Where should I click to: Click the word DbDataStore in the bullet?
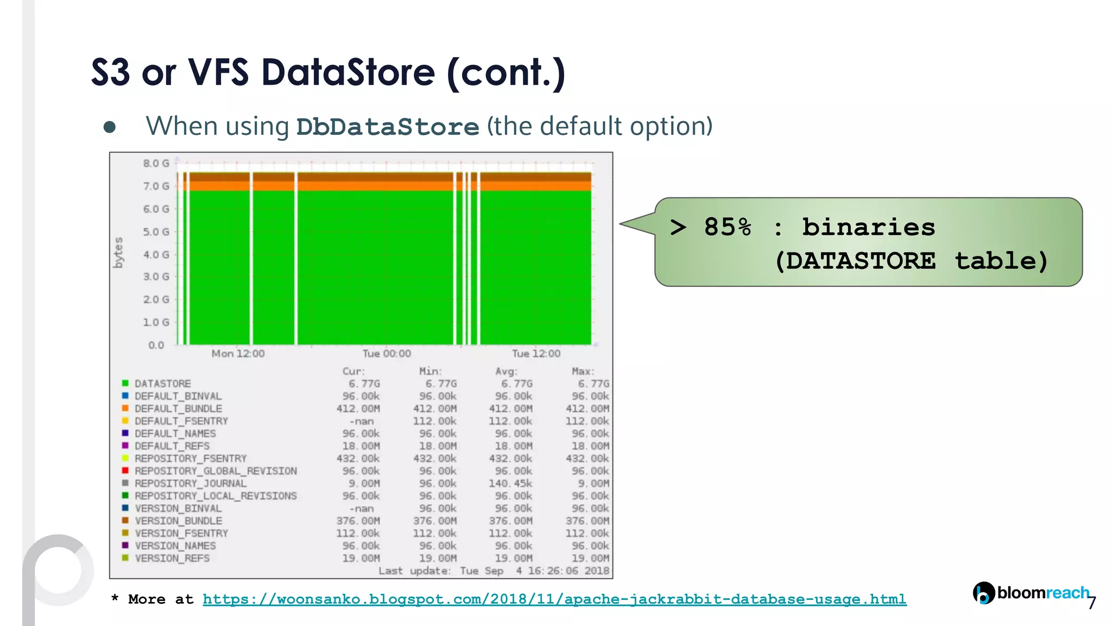click(x=387, y=127)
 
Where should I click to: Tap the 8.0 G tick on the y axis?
click(x=156, y=163)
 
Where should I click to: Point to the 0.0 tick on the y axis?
click(x=156, y=345)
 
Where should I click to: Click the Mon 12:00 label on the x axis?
click(x=238, y=354)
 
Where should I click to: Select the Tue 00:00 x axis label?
click(x=387, y=354)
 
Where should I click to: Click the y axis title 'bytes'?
click(x=118, y=253)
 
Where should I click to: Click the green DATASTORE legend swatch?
click(x=125, y=383)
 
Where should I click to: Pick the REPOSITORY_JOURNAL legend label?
click(x=190, y=484)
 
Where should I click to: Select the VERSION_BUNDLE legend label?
click(x=178, y=521)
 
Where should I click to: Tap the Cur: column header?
click(x=353, y=371)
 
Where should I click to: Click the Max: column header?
click(x=583, y=371)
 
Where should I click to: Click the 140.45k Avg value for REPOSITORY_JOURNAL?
click(x=510, y=484)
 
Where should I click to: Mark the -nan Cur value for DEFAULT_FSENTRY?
click(x=362, y=421)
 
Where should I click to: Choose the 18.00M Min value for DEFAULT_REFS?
click(x=438, y=446)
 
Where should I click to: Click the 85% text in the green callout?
click(x=728, y=227)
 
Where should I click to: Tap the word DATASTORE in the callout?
click(x=861, y=261)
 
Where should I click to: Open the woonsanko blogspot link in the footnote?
click(x=554, y=599)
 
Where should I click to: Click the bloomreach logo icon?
click(x=983, y=593)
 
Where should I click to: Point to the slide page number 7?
click(x=1091, y=603)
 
